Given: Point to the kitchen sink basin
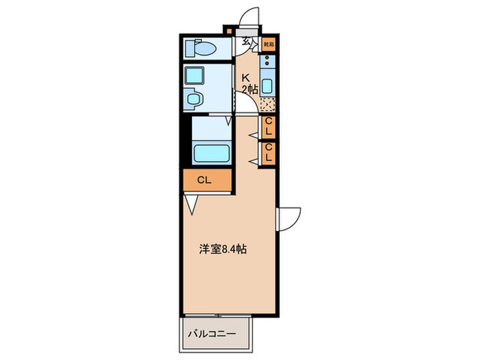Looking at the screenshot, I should (268, 86).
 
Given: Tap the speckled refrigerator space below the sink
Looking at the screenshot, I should (268, 105).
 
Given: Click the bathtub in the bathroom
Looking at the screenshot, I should (211, 152).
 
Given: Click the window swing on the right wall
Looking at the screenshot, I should (289, 218).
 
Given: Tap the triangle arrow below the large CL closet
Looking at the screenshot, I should (192, 204).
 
